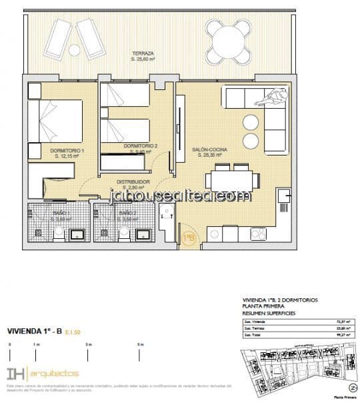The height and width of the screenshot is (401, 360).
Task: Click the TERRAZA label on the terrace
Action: coord(143,53)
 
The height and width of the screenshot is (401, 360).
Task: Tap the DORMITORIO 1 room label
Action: coord(67,151)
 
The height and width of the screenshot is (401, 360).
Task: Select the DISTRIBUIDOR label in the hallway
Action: coord(133,181)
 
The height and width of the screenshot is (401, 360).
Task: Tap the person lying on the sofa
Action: coord(270,99)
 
